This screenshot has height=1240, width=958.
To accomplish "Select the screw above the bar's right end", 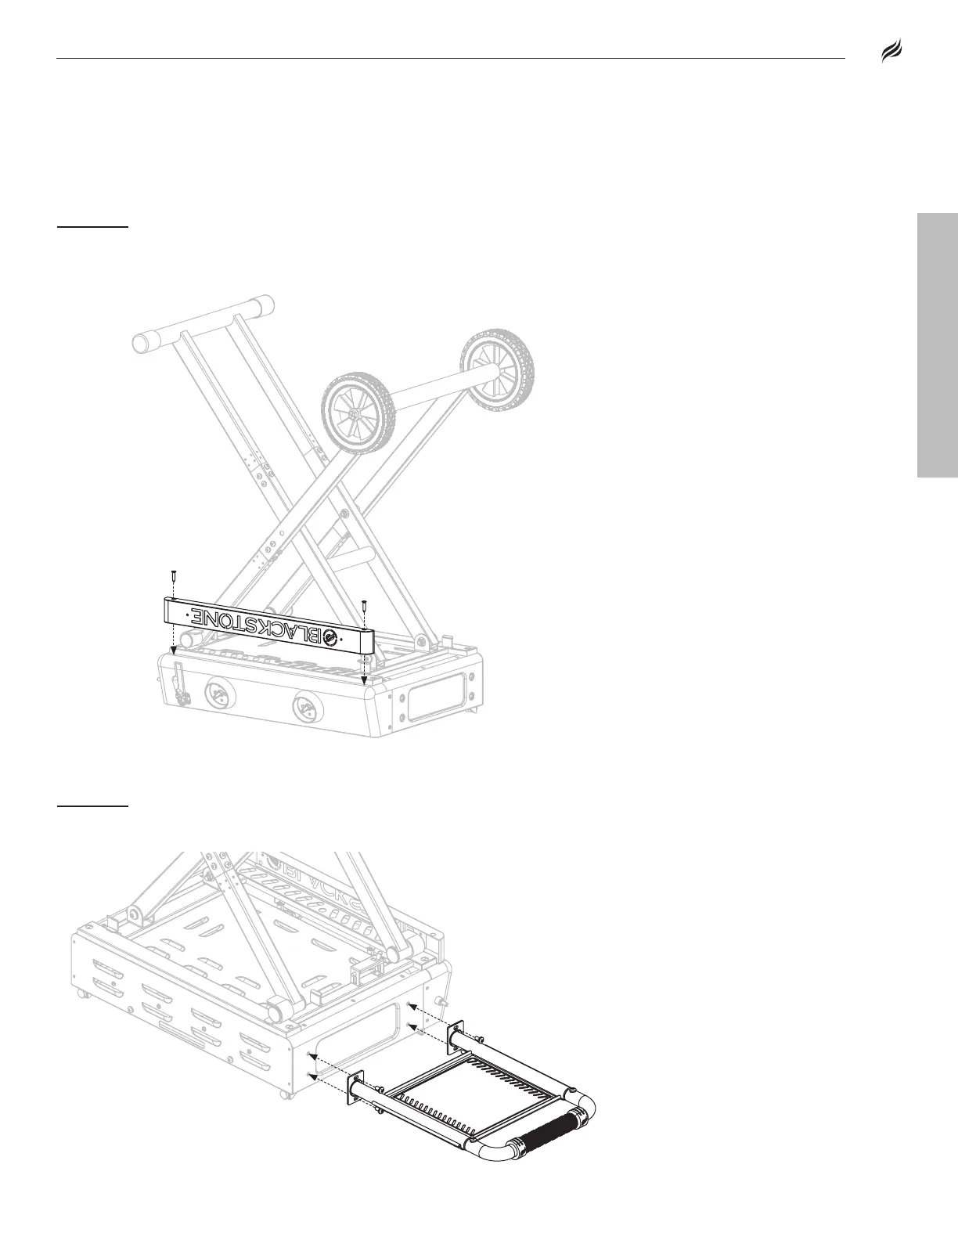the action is [365, 605].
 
